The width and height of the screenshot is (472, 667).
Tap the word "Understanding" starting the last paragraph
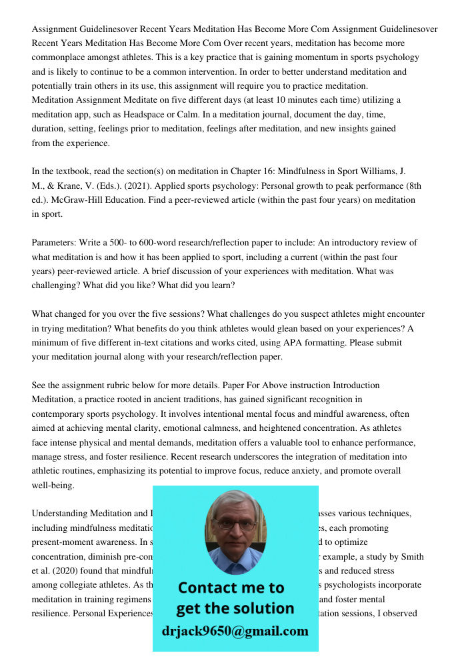pyautogui.click(x=59, y=513)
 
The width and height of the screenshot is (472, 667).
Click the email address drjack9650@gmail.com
pyautogui.click(x=235, y=630)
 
